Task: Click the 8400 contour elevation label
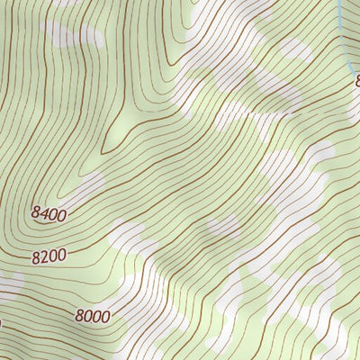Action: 49,213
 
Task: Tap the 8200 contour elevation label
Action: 49,256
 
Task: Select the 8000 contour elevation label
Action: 93,316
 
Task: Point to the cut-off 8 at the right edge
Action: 357,82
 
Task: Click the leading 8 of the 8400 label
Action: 35,216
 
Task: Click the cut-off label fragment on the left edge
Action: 1,320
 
